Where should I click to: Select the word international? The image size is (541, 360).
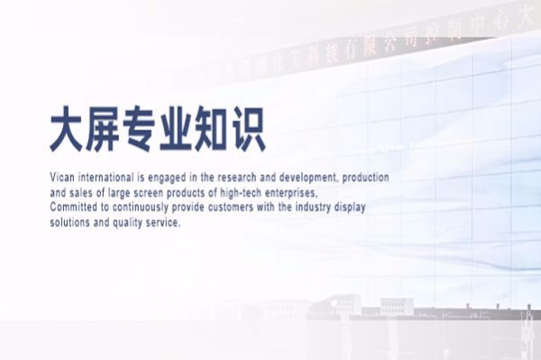point(107,178)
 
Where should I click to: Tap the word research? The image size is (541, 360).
point(225,178)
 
